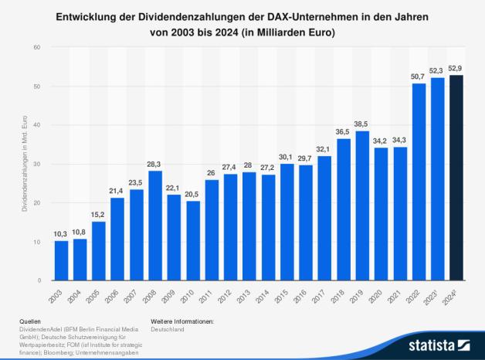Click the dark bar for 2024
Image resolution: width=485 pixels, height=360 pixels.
[x=458, y=178]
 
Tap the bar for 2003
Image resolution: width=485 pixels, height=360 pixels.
[x=60, y=260]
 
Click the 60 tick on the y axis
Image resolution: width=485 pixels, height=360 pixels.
[x=36, y=47]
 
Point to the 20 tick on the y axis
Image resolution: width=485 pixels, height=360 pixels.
[x=36, y=202]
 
